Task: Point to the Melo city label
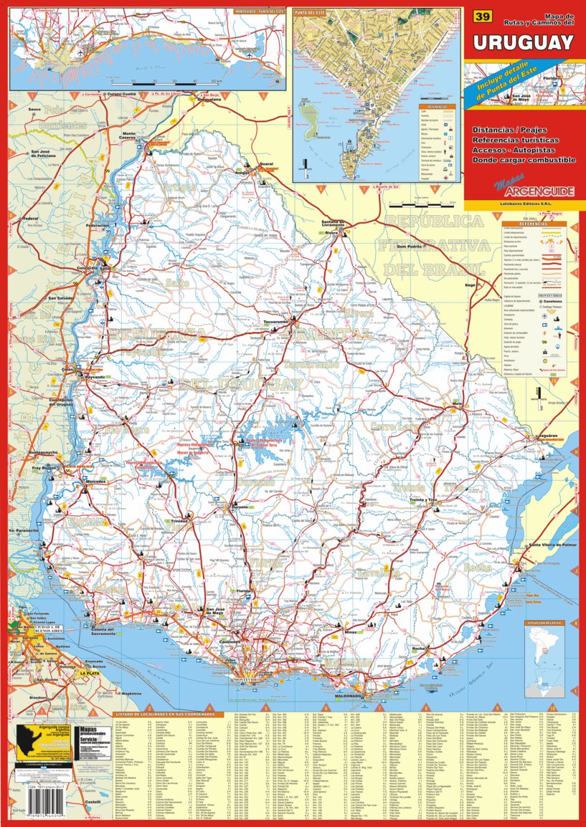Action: [x=455, y=404]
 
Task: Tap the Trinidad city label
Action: [x=179, y=521]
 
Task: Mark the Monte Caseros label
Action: [x=129, y=136]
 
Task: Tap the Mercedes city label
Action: [x=95, y=482]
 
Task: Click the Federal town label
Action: [x=31, y=218]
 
